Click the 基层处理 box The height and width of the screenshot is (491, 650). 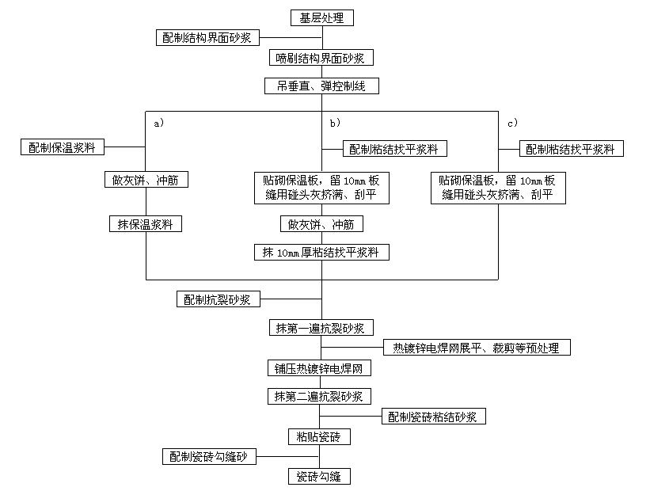click(321, 17)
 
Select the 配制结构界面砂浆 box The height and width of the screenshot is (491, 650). click(207, 37)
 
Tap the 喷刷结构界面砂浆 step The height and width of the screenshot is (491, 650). click(321, 57)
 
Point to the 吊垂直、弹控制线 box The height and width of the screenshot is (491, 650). click(321, 86)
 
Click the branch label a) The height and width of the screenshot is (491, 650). click(158, 124)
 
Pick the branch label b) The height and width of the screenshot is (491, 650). click(336, 124)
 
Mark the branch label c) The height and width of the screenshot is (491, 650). click(513, 124)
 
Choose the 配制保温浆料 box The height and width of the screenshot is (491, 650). click(63, 147)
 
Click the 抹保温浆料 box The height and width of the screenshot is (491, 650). click(146, 224)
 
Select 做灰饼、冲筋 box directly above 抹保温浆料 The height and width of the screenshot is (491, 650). click(146, 180)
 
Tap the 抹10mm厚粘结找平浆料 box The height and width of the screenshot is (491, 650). click(321, 253)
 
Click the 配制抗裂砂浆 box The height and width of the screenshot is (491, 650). click(217, 299)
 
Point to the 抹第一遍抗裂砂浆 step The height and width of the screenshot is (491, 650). click(321, 327)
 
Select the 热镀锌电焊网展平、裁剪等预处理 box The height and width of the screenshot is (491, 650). click(476, 347)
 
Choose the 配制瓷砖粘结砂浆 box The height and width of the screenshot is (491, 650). click(433, 417)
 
